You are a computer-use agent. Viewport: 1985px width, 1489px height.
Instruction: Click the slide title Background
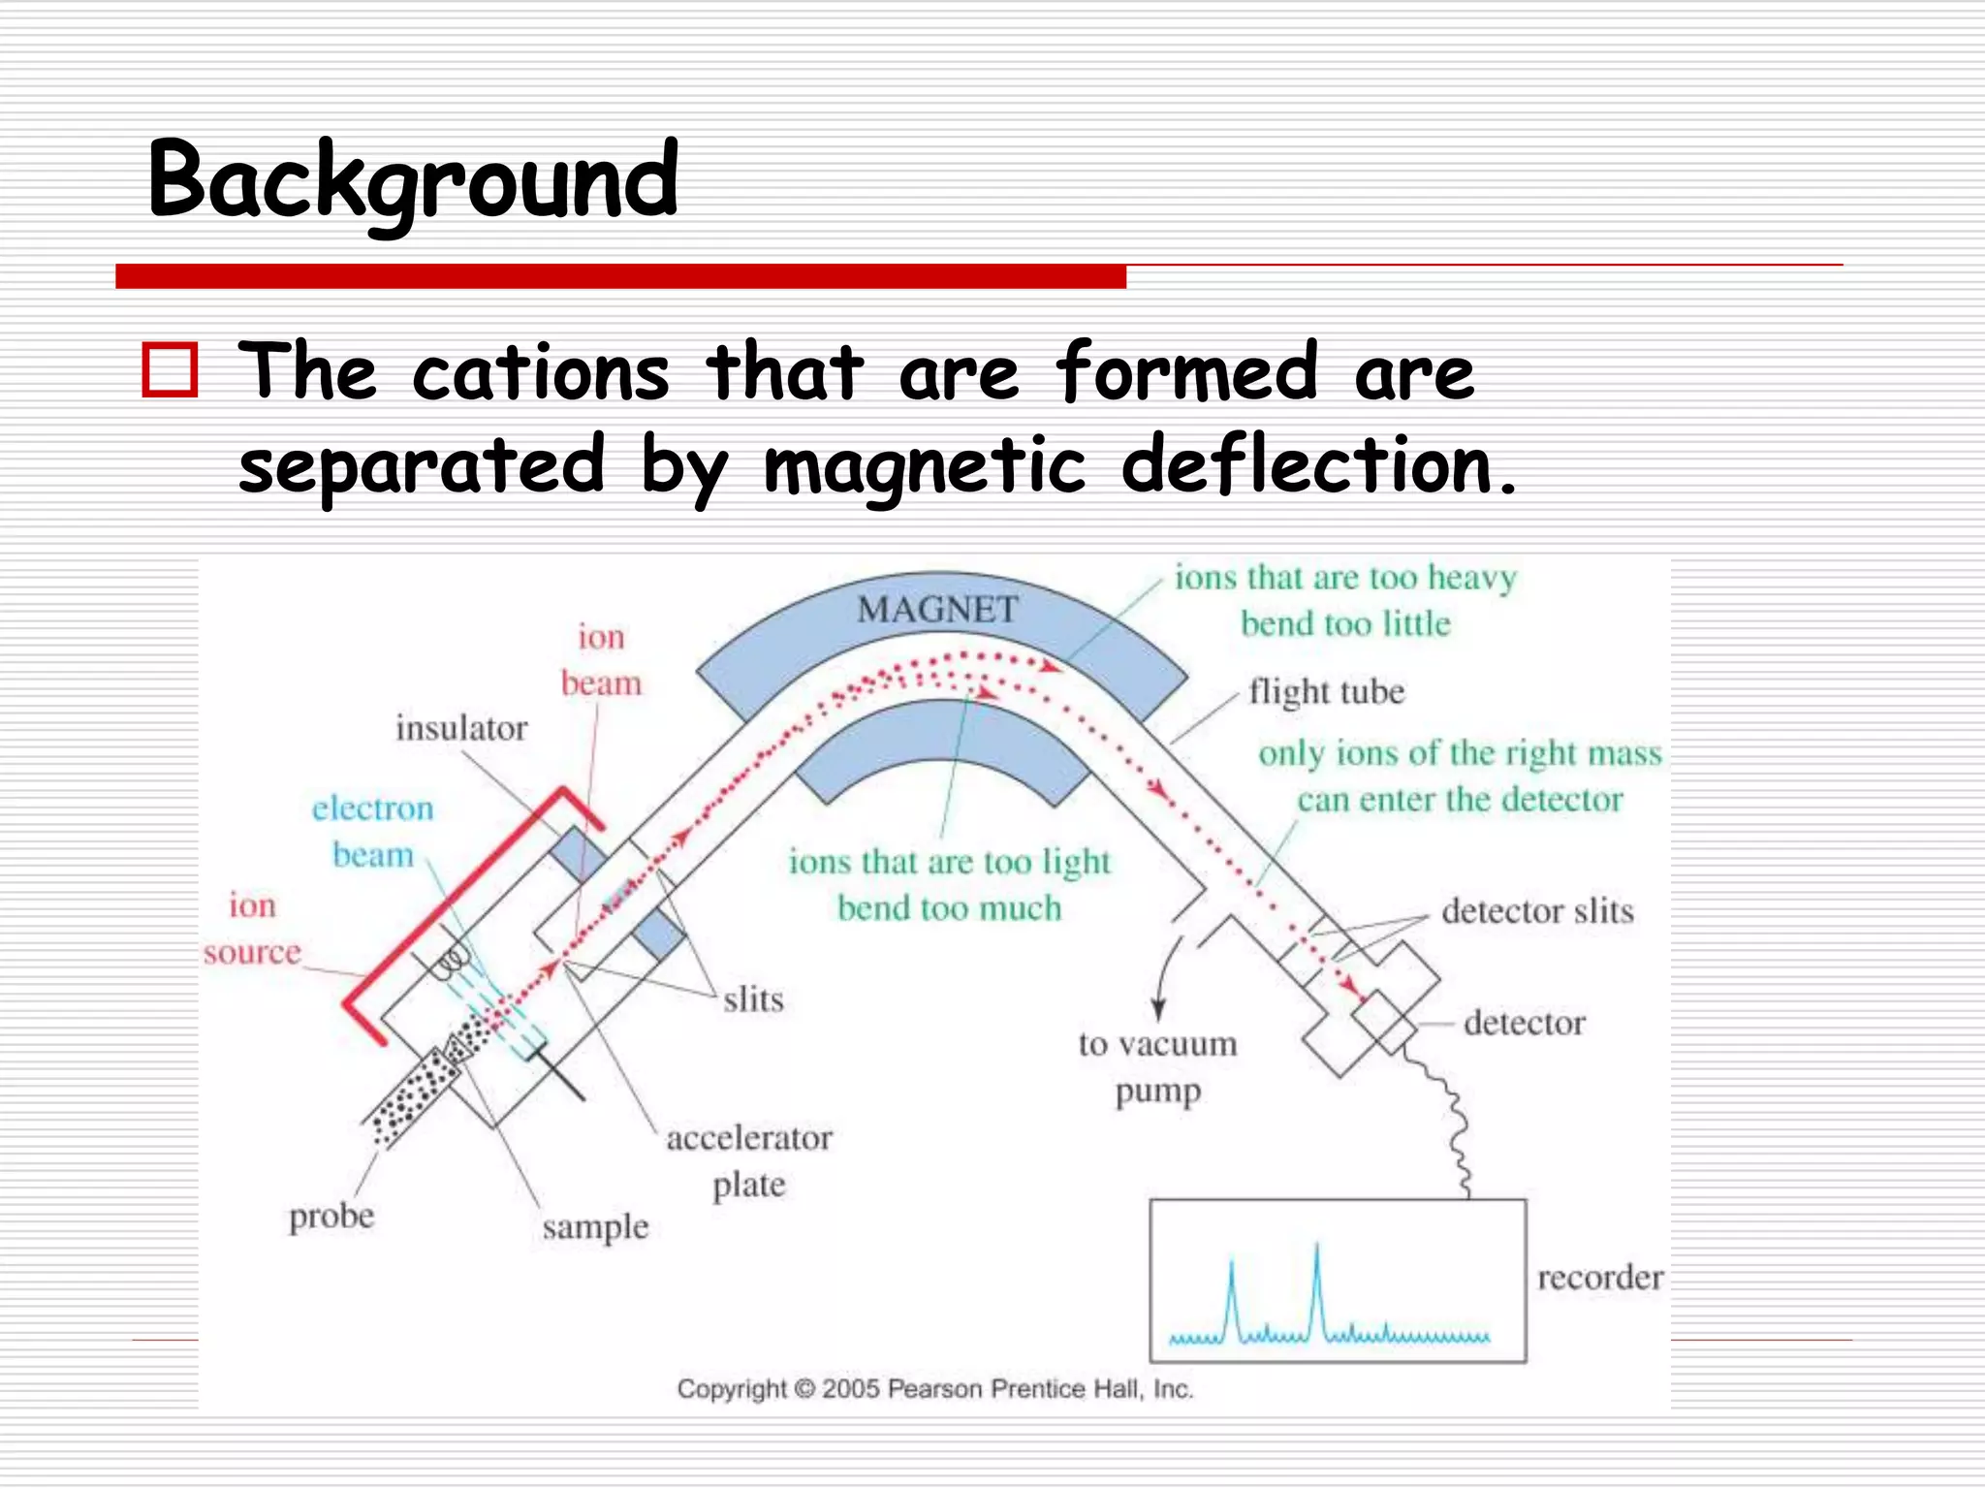413,181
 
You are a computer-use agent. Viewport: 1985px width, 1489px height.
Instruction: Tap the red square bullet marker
171,369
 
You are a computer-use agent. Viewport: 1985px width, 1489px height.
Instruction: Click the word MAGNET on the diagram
937,610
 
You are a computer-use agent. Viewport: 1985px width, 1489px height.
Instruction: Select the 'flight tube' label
1325,692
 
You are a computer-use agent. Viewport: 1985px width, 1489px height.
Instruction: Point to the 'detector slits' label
1536,911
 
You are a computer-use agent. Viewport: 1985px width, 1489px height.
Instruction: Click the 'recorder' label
1599,1277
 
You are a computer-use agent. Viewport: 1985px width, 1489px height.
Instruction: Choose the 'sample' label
595,1227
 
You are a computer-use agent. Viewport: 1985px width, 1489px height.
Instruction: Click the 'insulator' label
461,728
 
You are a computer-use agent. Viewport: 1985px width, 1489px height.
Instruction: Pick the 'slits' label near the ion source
753,999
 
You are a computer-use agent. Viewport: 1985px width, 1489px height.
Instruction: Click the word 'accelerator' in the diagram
748,1138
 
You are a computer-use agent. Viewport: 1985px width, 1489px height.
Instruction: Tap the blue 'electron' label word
372,808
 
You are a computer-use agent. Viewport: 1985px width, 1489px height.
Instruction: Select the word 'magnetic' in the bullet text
925,467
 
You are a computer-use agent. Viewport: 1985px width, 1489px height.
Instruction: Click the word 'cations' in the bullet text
540,372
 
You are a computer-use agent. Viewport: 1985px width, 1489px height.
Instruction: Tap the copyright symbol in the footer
804,1389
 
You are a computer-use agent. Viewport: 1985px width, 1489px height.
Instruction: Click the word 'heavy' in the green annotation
1471,579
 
